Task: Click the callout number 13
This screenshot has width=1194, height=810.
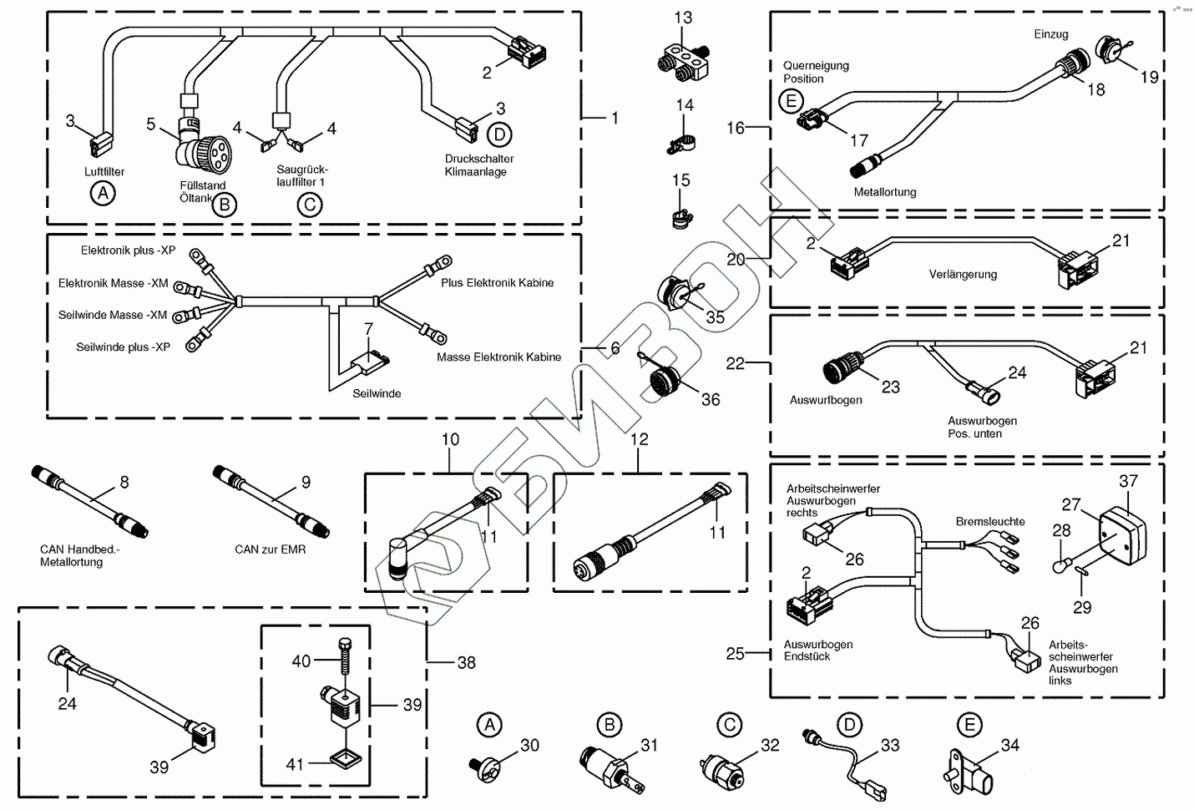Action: [x=683, y=18]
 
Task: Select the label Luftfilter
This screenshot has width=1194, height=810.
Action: [x=104, y=172]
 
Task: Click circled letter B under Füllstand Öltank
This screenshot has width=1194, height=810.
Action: [x=224, y=204]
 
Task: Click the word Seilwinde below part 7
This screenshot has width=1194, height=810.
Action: [x=377, y=393]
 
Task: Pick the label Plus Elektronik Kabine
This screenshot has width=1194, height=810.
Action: [x=498, y=283]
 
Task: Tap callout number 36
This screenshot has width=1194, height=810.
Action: [x=711, y=400]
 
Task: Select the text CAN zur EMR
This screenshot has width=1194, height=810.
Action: [x=271, y=549]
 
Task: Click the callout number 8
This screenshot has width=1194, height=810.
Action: [x=124, y=482]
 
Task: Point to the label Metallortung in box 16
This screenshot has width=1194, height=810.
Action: [x=885, y=192]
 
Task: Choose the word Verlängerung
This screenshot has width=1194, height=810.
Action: [x=963, y=274]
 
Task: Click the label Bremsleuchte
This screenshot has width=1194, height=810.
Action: [x=990, y=521]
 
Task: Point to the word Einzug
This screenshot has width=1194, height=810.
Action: [x=1050, y=34]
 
